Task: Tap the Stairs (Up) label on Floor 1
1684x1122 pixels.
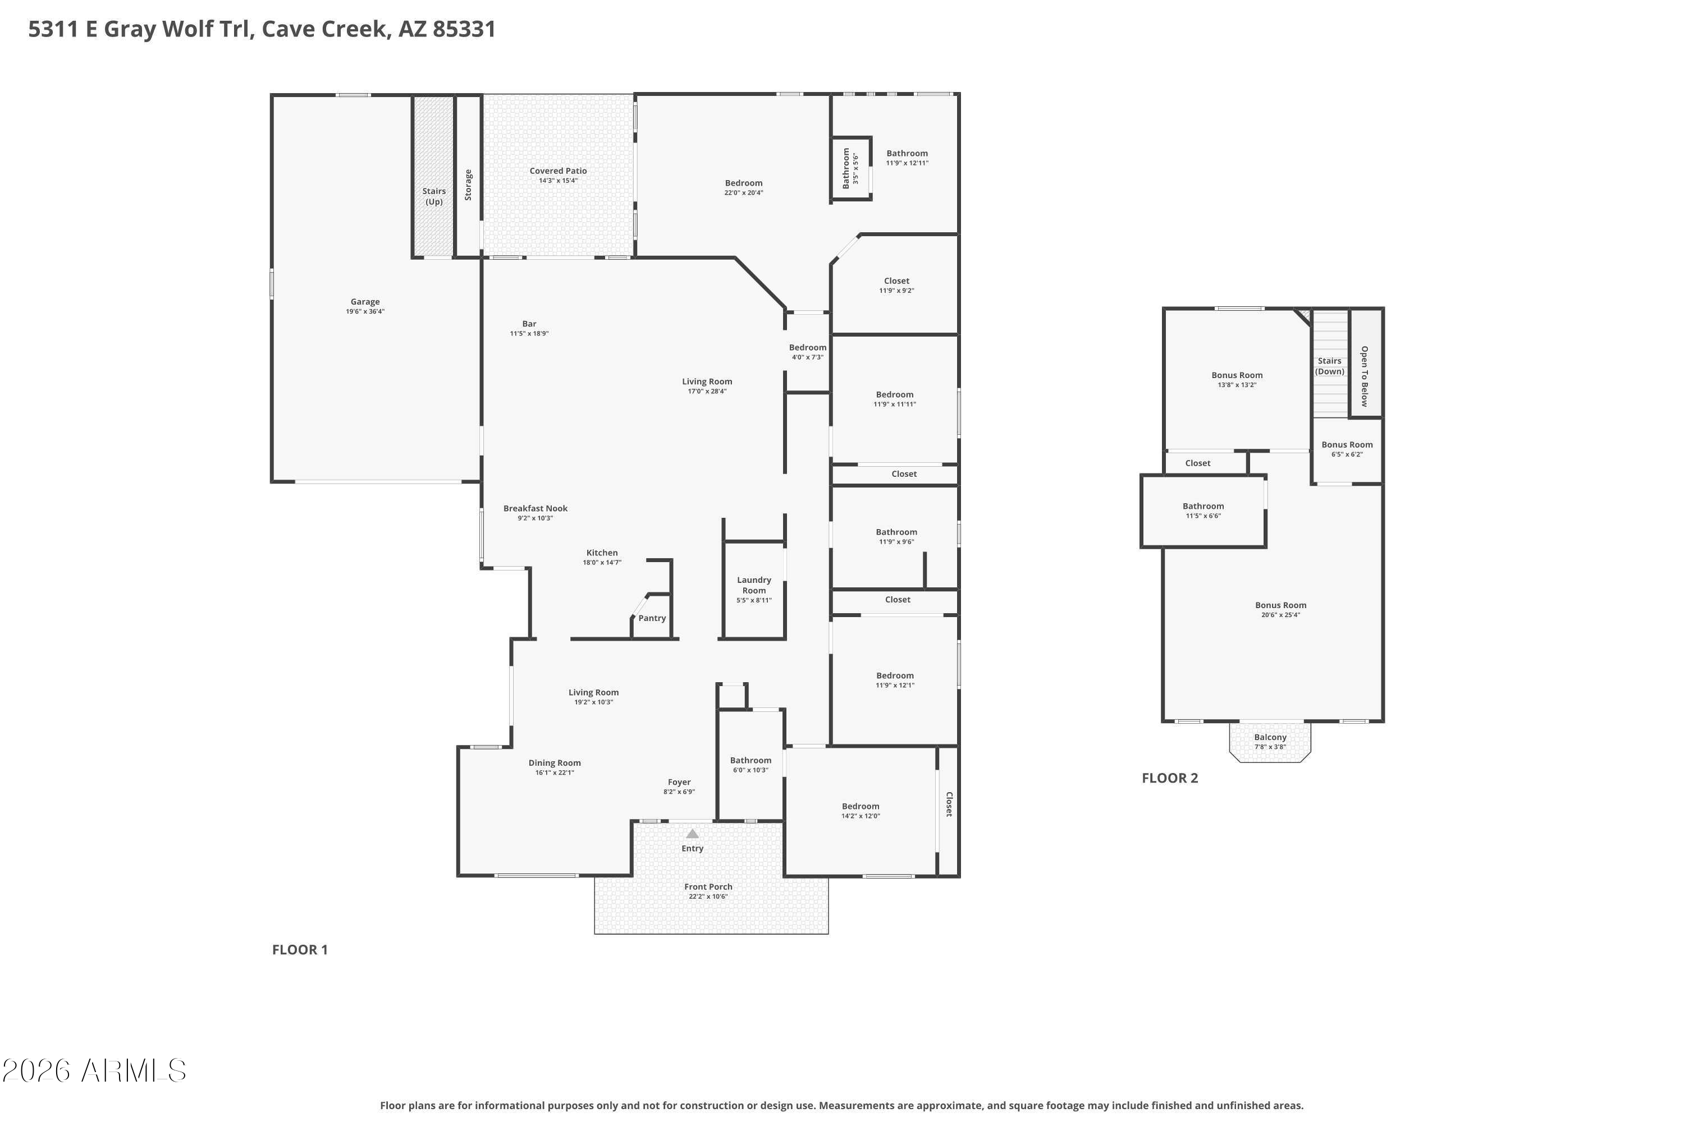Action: point(434,196)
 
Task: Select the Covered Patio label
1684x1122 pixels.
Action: point(558,171)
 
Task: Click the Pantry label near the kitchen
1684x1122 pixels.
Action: point(652,618)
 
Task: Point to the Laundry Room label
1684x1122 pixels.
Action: point(754,585)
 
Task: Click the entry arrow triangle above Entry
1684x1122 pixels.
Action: point(692,834)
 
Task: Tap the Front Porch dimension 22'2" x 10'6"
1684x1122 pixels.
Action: point(707,896)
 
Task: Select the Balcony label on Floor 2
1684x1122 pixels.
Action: point(1270,737)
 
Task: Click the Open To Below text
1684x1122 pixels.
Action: point(1364,376)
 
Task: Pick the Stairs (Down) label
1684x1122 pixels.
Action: point(1330,366)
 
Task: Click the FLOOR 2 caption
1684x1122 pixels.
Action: point(1169,778)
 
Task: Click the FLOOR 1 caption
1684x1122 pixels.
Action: point(299,950)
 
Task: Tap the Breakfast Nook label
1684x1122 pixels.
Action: point(535,509)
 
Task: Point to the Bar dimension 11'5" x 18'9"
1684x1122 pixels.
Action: point(529,333)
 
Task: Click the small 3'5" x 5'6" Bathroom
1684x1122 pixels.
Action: point(850,167)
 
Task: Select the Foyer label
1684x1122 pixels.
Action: point(679,782)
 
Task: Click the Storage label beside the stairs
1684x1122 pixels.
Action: point(468,185)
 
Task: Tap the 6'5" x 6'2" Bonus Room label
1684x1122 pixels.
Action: point(1347,445)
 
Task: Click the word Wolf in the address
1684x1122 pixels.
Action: point(187,29)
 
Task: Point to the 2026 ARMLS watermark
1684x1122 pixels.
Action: point(94,1071)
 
